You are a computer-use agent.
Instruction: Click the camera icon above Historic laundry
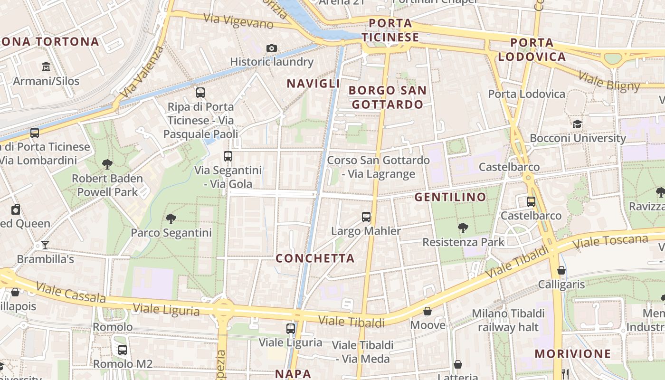tap(272, 48)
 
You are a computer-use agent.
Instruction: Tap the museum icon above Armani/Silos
tap(46, 66)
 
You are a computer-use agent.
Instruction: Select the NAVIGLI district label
tap(313, 84)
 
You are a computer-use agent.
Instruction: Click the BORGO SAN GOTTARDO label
tap(388, 97)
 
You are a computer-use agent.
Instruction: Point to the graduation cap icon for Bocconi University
tap(577, 124)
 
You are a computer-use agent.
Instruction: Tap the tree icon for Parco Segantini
tap(171, 219)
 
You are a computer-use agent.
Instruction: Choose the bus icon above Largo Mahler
tap(366, 217)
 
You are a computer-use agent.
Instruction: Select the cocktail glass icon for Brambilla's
tap(45, 245)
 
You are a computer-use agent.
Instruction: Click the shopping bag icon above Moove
tap(427, 311)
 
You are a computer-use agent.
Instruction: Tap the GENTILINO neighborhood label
tap(450, 197)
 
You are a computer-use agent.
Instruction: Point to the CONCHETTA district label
tap(315, 258)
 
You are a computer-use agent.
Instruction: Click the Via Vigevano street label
tap(238, 21)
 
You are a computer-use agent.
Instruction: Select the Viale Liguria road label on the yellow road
tap(166, 310)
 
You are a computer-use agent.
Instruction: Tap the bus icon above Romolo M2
tap(123, 350)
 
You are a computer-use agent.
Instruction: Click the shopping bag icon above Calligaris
tap(561, 271)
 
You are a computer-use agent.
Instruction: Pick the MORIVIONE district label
tap(573, 354)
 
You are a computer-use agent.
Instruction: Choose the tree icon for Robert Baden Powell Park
tap(107, 164)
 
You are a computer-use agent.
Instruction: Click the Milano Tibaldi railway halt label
tap(508, 320)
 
